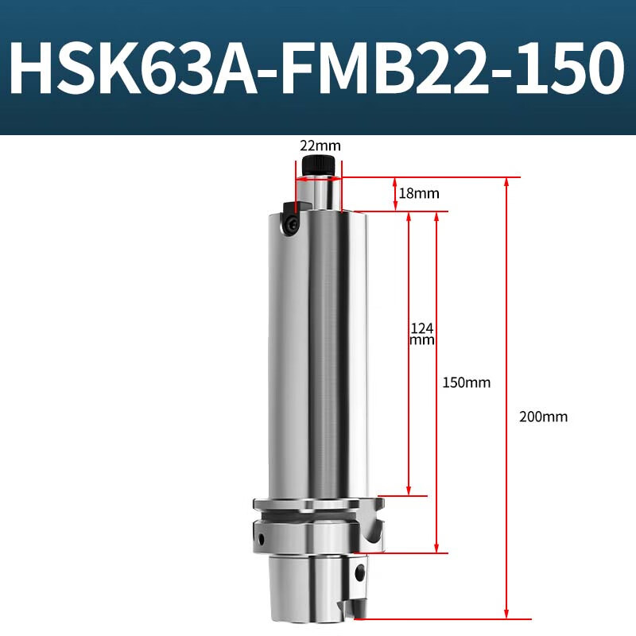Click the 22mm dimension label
[x=320, y=146]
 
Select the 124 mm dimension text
[x=421, y=333]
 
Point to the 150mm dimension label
[x=466, y=382]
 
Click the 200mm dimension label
[x=543, y=416]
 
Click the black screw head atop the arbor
[x=320, y=166]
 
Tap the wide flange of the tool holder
[x=319, y=504]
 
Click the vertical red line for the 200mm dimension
[x=507, y=397]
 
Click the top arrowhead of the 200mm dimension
[x=507, y=184]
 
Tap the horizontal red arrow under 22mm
[x=319, y=179]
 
